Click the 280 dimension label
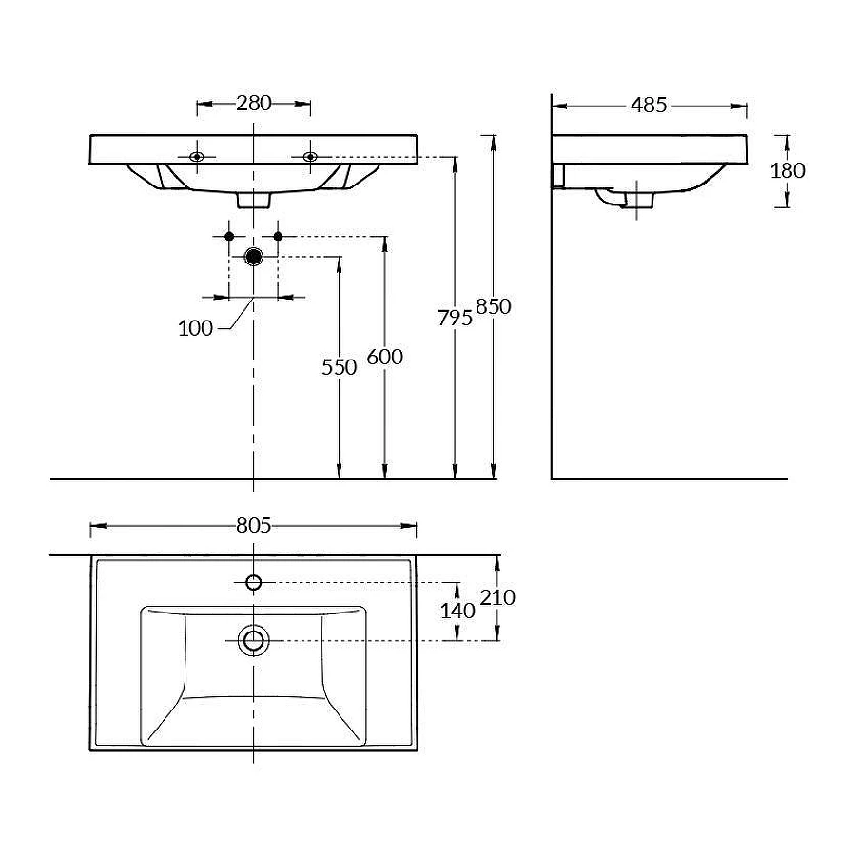(253, 103)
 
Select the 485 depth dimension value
(649, 106)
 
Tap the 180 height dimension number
(788, 171)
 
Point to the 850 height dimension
(493, 307)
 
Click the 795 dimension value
(455, 318)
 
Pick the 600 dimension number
(385, 357)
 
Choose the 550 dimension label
(339, 367)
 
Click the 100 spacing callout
(195, 328)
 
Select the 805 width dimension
(253, 525)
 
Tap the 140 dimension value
(457, 611)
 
